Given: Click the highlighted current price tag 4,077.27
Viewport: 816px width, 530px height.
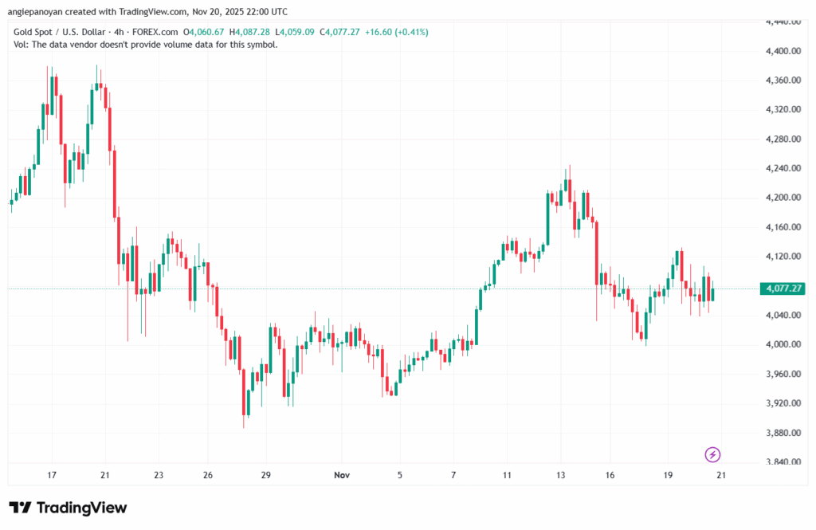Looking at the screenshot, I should coord(782,289).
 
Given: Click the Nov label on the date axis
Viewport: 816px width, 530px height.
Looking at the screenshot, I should coord(342,475).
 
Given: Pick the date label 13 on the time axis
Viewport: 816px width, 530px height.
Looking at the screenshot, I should coord(560,475).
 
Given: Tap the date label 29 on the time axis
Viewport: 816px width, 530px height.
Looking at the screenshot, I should coord(266,475).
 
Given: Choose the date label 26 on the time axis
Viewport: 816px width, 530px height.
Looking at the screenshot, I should coord(207,475).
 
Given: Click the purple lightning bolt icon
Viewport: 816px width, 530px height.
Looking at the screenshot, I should coord(713,454).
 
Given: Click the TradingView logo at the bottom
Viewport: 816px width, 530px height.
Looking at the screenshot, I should coord(68,508).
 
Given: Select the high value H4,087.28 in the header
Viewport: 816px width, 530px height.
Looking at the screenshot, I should coord(249,32).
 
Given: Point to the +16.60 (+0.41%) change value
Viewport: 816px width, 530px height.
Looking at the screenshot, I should coord(398,32).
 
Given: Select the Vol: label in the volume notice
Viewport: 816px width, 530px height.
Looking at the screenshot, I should coord(22,45).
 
